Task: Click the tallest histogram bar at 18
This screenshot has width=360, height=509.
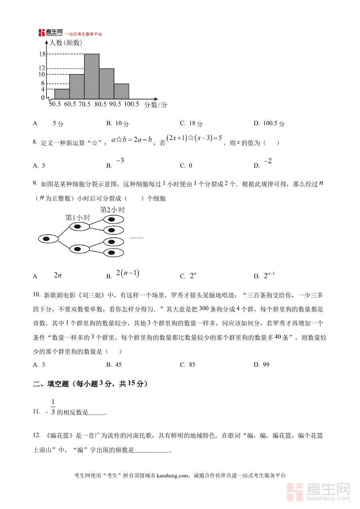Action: point(92,76)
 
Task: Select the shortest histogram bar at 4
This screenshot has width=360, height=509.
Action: point(62,94)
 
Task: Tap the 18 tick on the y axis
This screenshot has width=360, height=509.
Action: point(42,54)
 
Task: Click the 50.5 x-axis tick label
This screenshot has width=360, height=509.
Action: point(54,104)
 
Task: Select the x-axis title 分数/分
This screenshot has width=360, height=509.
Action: point(155,105)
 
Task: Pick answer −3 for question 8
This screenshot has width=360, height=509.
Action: point(120,161)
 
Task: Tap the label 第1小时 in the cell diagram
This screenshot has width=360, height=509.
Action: point(78,218)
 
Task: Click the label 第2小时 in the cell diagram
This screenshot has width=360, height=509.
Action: point(112,210)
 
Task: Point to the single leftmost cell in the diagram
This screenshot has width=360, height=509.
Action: point(48,239)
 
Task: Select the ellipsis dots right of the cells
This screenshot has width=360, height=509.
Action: point(137,238)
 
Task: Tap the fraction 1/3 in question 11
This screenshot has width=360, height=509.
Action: point(53,407)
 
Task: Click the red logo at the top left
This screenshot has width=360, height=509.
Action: point(50,33)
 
